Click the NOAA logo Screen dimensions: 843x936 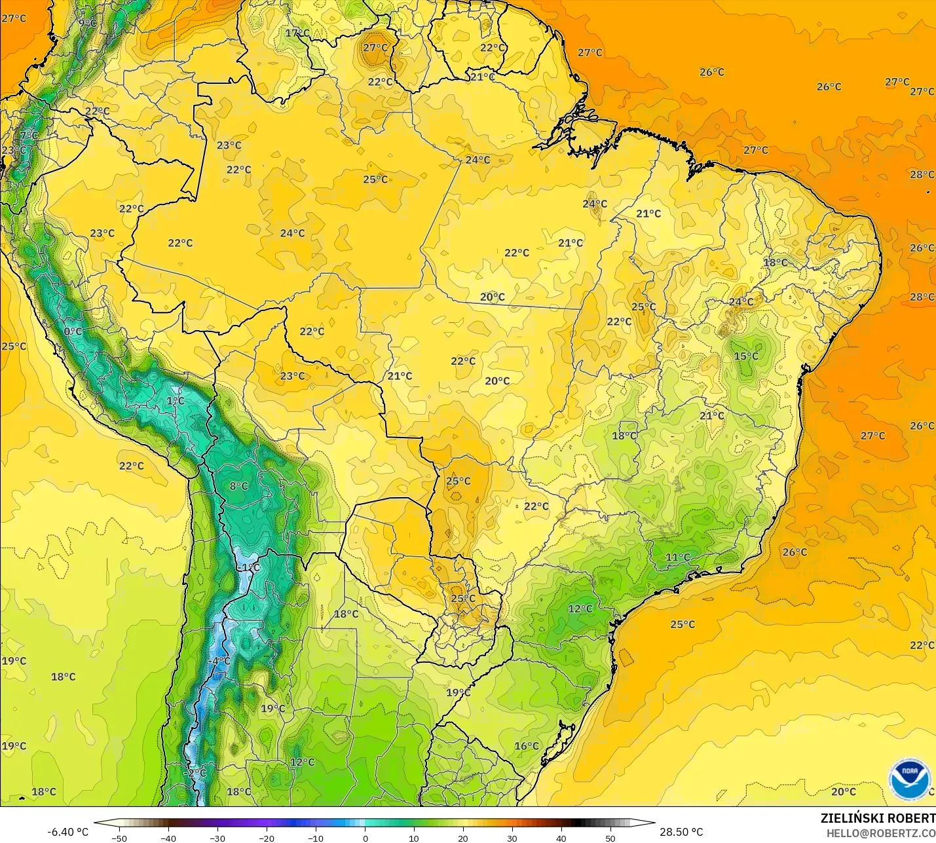point(910,779)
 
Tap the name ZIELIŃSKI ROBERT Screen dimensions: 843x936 point(878,818)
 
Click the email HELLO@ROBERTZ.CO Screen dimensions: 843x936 point(880,833)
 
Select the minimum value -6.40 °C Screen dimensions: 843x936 point(67,832)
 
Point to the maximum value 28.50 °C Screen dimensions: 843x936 point(681,832)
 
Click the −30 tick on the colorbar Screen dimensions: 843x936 point(217,838)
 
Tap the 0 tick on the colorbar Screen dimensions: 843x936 point(365,838)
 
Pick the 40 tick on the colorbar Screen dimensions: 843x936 point(561,838)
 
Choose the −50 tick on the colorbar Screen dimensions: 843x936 point(119,838)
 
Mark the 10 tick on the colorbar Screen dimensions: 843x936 point(414,838)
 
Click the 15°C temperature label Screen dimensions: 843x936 point(746,356)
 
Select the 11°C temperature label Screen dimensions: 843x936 point(678,557)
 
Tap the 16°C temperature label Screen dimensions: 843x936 point(527,746)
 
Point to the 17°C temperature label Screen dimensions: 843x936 point(297,33)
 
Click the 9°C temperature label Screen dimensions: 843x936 point(88,23)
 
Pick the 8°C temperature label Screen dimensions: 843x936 point(239,486)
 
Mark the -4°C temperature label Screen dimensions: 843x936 point(219,662)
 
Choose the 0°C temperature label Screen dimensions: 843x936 point(73,331)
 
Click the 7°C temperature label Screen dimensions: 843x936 point(29,136)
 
